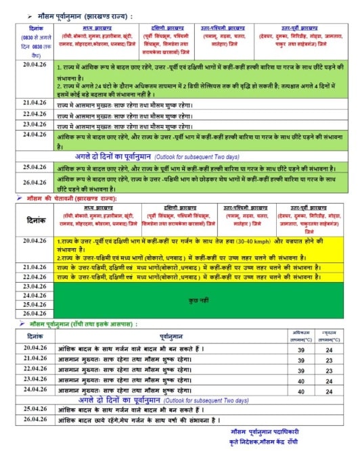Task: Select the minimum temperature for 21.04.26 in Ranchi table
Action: point(330,359)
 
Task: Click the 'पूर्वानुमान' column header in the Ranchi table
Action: point(169,336)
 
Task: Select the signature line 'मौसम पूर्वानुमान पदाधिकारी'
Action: point(271,430)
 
